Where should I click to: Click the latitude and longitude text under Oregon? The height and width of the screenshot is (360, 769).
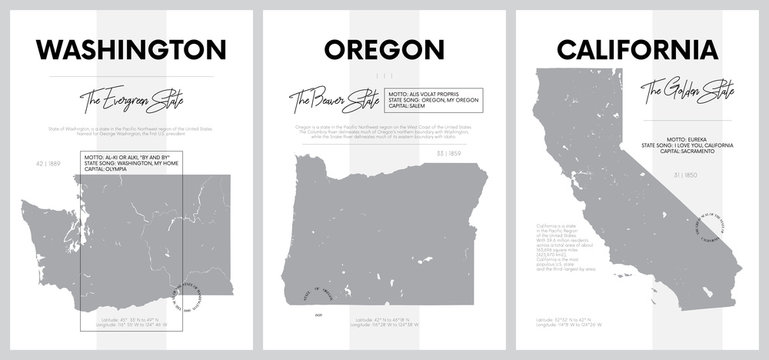point(385,322)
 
